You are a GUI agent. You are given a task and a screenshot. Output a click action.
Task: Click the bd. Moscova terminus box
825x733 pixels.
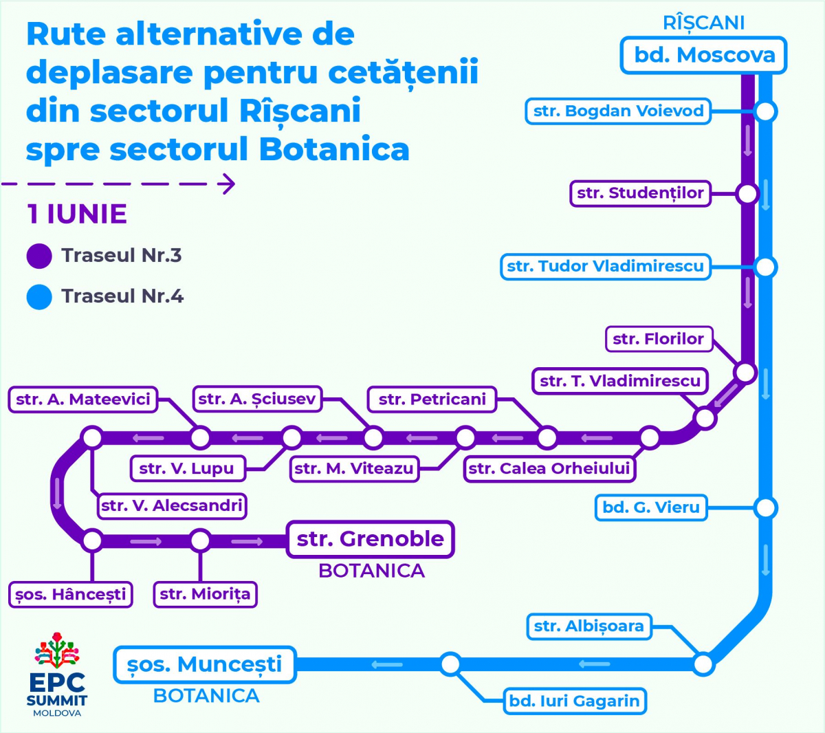(703, 56)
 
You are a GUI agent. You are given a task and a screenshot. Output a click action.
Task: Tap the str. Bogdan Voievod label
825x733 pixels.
(618, 111)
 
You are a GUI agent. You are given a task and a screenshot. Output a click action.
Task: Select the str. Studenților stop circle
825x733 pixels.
(747, 194)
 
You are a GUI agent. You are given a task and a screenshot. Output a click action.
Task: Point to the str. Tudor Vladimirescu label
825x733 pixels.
(606, 267)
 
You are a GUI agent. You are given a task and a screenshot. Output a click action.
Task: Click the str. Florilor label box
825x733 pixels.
(659, 339)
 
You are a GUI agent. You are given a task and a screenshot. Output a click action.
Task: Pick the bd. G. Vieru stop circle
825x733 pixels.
(766, 508)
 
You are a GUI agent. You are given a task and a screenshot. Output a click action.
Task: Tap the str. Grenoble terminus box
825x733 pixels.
(370, 539)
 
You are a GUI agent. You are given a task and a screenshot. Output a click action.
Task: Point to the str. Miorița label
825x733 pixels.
(206, 595)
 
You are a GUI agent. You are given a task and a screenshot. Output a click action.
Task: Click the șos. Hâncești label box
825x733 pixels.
(70, 595)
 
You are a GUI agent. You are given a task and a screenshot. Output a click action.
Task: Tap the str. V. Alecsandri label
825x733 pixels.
(172, 506)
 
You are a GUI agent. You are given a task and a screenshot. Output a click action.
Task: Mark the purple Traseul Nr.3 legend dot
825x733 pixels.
(39, 256)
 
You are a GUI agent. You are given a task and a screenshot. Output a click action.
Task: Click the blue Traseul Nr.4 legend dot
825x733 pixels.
(39, 297)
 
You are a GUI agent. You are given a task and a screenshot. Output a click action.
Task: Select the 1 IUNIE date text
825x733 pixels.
(77, 214)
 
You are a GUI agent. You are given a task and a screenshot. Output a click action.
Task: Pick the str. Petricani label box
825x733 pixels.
(432, 400)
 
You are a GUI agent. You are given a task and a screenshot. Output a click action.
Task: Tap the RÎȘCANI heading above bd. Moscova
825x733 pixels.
(703, 23)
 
